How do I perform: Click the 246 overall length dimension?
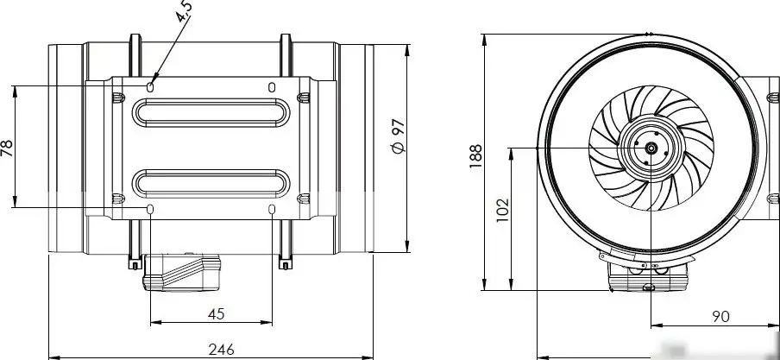(x=222, y=348)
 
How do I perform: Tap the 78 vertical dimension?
(x=8, y=148)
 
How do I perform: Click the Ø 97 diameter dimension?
(x=398, y=138)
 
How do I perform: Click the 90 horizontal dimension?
(x=720, y=317)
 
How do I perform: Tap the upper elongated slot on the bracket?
(x=211, y=112)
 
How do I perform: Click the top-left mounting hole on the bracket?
(x=151, y=86)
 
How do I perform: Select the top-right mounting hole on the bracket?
(x=273, y=86)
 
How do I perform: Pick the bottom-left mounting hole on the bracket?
(x=151, y=210)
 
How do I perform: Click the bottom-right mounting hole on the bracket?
(x=273, y=210)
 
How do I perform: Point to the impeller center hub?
(x=649, y=148)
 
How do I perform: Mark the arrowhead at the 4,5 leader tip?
(x=154, y=79)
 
